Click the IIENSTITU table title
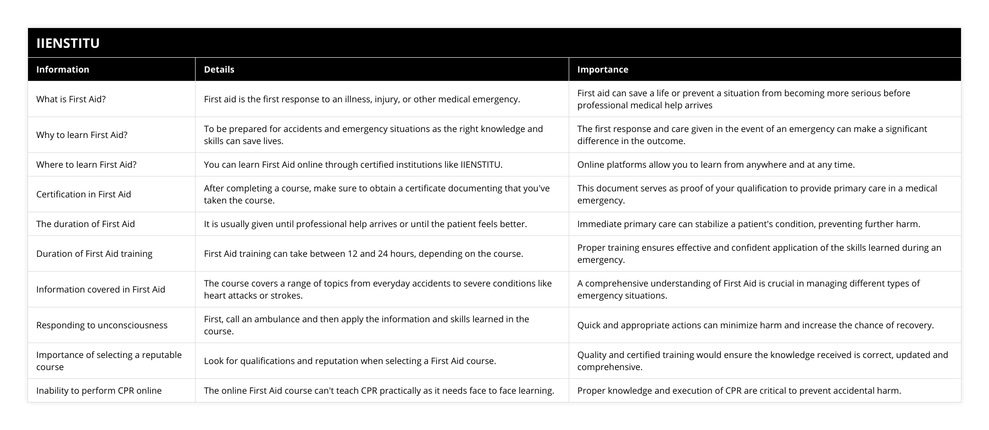[68, 43]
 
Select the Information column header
[63, 69]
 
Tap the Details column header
[219, 69]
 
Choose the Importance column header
[602, 69]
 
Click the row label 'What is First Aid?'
[71, 99]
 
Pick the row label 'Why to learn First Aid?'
[82, 135]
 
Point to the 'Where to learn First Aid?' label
[86, 164]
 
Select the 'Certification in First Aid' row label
[84, 194]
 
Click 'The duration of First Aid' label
[85, 224]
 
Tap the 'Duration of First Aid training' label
[95, 253]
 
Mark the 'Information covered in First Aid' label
[101, 289]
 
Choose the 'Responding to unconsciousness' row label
[102, 325]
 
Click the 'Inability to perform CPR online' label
[99, 390]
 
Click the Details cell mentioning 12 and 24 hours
[363, 253]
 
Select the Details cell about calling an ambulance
[366, 325]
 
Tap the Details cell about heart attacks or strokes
[377, 289]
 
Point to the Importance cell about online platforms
[715, 164]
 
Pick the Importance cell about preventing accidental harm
[739, 390]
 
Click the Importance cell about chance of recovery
[755, 325]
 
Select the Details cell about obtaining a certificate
[376, 194]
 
